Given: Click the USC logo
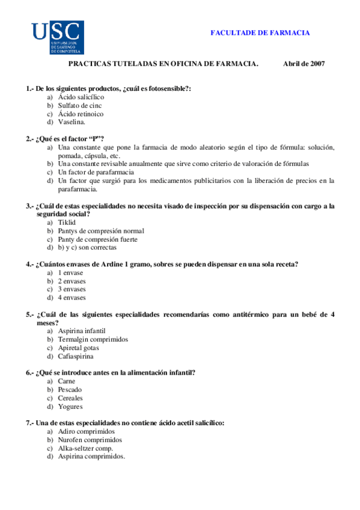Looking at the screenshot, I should (57, 37).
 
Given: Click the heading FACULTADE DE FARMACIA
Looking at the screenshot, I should (260, 33).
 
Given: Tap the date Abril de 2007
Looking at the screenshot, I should (304, 64).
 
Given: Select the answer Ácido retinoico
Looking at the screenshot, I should (81, 114).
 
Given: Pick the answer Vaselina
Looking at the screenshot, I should (72, 122).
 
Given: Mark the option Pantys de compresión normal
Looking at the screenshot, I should (101, 230).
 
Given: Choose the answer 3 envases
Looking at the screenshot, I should (72, 289).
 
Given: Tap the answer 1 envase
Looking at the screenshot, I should (70, 272).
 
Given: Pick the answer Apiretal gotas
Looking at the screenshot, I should (78, 348).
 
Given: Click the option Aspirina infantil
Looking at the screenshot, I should (82, 331).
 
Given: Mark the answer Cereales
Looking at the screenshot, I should (70, 398).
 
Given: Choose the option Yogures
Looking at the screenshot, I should (70, 407).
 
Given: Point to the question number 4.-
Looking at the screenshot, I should (29, 263).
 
